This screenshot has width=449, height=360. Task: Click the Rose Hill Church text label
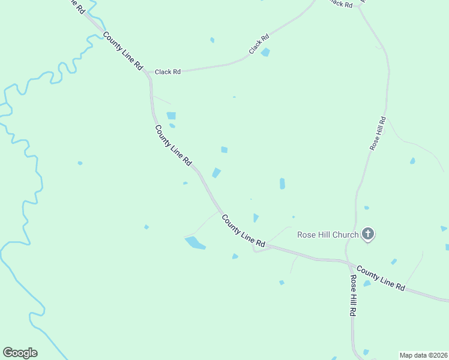(x=328, y=235)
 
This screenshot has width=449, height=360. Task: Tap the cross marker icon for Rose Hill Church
(x=368, y=234)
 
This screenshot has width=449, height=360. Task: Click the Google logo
(x=20, y=353)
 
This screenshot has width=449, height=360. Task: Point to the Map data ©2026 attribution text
(x=423, y=355)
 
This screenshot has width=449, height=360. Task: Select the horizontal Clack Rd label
(x=167, y=72)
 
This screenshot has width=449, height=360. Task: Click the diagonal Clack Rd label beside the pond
(x=259, y=44)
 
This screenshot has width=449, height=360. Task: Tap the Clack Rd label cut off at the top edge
(x=340, y=4)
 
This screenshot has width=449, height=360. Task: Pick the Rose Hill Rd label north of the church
(x=378, y=133)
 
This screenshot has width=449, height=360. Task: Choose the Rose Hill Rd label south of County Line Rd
(x=355, y=296)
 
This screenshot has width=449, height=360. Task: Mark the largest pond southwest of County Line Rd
(x=195, y=243)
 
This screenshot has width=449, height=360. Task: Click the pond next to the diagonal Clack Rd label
(x=265, y=52)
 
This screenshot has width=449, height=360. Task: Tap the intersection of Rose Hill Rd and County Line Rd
(x=349, y=263)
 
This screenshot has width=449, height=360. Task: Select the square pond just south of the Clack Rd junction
(x=171, y=116)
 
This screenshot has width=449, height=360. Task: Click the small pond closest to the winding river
(x=80, y=163)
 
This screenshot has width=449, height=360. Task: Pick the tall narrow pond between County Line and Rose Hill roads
(x=282, y=184)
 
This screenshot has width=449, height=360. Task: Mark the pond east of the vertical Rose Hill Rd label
(x=412, y=161)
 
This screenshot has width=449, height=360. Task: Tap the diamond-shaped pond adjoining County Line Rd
(x=216, y=173)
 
